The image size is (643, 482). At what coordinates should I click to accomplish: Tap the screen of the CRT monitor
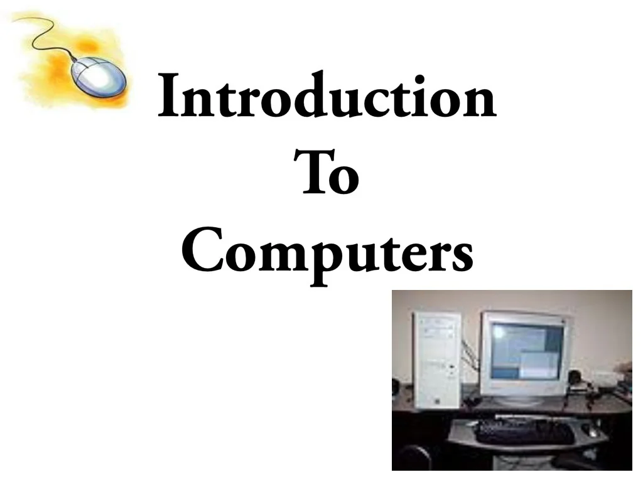pyautogui.click(x=524, y=351)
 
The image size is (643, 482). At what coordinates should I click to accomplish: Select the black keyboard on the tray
pyautogui.click(x=524, y=432)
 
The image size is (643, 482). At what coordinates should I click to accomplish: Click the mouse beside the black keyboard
pyautogui.click(x=591, y=431)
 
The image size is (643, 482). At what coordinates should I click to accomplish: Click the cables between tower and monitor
pyautogui.click(x=469, y=358)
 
